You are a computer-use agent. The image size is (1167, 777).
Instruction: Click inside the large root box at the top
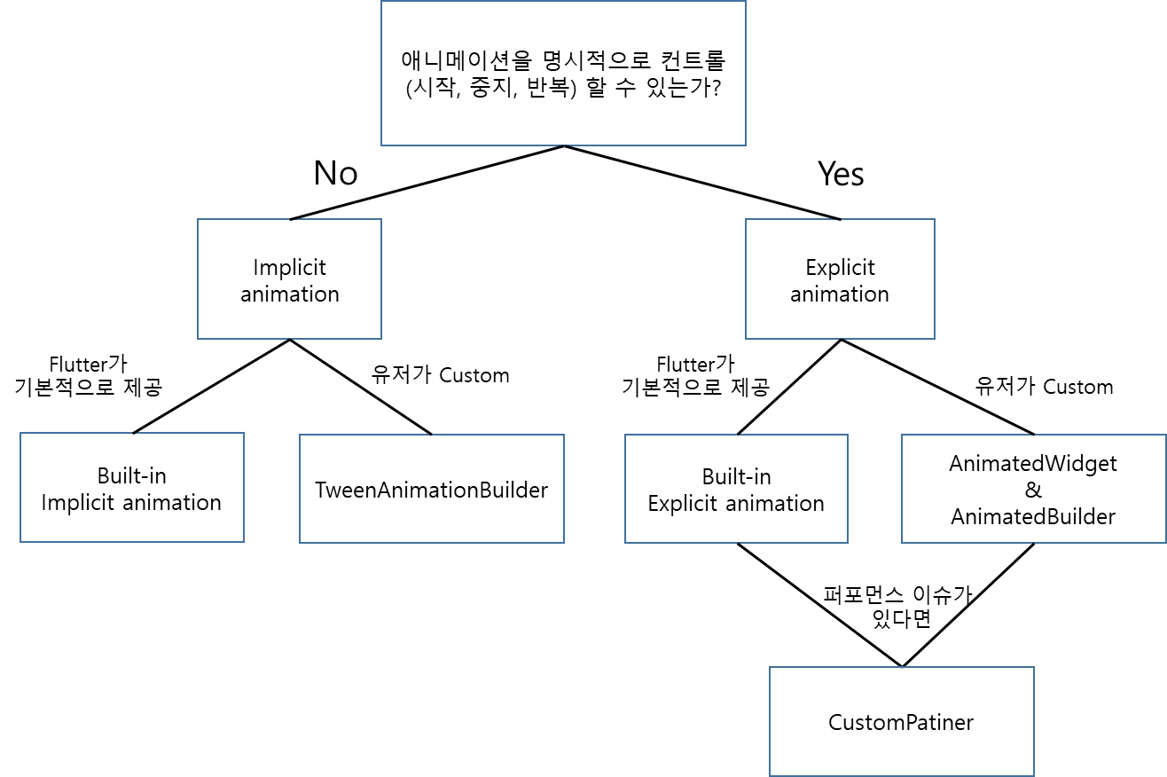pyautogui.click(x=563, y=73)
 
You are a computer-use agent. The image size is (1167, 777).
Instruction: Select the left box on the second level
pyautogui.click(x=289, y=279)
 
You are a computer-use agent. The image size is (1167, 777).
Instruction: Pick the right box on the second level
pyautogui.click(x=840, y=279)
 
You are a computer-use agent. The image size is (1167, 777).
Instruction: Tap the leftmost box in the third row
pyautogui.click(x=132, y=487)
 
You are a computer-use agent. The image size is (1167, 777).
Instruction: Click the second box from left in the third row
pyautogui.click(x=432, y=489)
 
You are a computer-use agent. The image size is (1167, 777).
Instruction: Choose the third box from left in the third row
pyautogui.click(x=736, y=489)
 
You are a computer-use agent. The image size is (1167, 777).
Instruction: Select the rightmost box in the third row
pyautogui.click(x=1033, y=489)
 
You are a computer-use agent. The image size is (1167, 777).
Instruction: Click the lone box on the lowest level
pyautogui.click(x=902, y=721)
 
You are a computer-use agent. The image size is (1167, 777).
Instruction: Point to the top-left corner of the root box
pyautogui.click(x=381, y=2)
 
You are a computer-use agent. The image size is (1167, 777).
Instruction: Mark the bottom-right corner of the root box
pyautogui.click(x=746, y=145)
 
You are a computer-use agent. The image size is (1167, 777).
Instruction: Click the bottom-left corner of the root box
pyautogui.click(x=381, y=145)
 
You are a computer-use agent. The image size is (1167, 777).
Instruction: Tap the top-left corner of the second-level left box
pyautogui.click(x=198, y=219)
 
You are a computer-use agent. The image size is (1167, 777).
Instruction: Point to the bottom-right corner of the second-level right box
pyautogui.click(x=935, y=339)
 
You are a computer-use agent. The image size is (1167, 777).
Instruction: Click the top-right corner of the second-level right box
pyautogui.click(x=935, y=219)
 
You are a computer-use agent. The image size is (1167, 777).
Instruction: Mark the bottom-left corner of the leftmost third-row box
pyautogui.click(x=20, y=542)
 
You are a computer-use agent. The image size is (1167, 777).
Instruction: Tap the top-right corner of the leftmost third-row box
pyautogui.click(x=244, y=433)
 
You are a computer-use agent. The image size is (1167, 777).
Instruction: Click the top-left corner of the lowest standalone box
pyautogui.click(x=770, y=667)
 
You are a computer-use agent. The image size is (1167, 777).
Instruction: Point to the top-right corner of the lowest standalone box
pyautogui.click(x=1034, y=667)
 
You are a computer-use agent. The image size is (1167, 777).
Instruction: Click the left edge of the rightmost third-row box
pyautogui.click(x=902, y=489)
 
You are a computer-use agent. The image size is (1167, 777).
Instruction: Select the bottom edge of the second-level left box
pyautogui.click(x=266, y=339)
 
